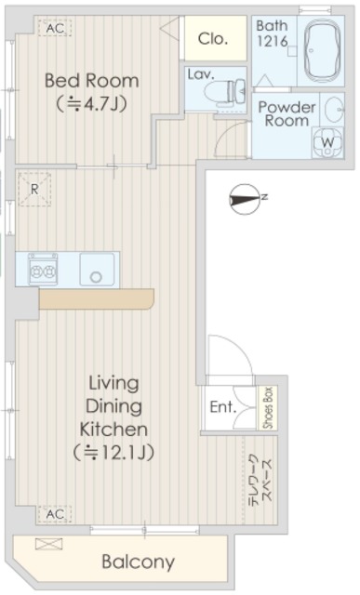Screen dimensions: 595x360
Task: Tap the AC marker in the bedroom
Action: coord(55,28)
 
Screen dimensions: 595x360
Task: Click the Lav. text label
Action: coord(201,74)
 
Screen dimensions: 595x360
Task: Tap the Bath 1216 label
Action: coord(272,33)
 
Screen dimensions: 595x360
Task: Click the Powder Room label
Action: coord(287,113)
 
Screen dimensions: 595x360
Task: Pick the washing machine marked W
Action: coord(327,142)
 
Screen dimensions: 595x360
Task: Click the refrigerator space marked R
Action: coord(34,189)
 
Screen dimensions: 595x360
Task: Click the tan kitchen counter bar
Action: coord(96,298)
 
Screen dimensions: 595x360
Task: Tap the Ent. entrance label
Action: coord(221,407)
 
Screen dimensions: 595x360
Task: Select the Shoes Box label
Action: coord(266,407)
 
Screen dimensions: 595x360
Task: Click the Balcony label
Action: coord(138,562)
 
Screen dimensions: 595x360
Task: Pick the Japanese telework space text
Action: coord(260,479)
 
